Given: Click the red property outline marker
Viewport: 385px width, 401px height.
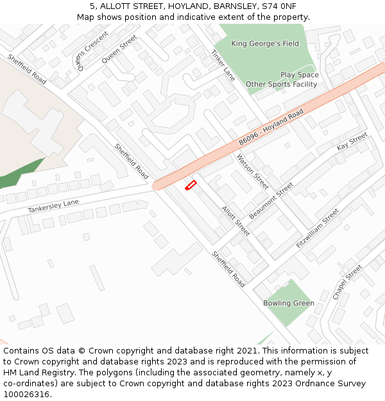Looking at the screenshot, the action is [x=191, y=185].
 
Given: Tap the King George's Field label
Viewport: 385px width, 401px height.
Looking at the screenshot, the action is [x=265, y=44].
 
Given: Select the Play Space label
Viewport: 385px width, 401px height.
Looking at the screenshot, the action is [x=299, y=75].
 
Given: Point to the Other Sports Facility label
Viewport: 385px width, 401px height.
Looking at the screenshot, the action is [x=281, y=84].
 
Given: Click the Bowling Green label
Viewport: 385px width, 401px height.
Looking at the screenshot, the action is [x=289, y=303].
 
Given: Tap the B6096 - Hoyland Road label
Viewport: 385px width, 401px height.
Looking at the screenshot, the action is [x=271, y=127].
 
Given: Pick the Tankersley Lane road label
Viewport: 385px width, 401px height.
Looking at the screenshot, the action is [x=53, y=206].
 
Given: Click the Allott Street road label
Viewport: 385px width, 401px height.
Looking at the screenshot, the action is [x=235, y=220].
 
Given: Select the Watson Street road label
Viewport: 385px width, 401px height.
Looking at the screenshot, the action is [x=252, y=171].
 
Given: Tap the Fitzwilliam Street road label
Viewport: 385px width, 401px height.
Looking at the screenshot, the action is [x=317, y=229].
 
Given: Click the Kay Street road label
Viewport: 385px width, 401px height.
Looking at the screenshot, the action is [x=352, y=142].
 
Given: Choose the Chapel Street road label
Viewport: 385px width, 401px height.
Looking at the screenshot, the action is [x=347, y=282].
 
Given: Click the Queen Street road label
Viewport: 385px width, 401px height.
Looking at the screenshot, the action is [x=119, y=49].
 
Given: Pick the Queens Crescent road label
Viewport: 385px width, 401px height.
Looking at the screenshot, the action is [x=89, y=49].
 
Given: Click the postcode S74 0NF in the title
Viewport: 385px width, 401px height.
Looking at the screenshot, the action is [x=278, y=6].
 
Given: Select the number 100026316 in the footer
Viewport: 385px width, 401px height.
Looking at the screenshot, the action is [x=26, y=394].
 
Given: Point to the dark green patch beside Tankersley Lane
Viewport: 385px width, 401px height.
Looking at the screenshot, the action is [x=19, y=174].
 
